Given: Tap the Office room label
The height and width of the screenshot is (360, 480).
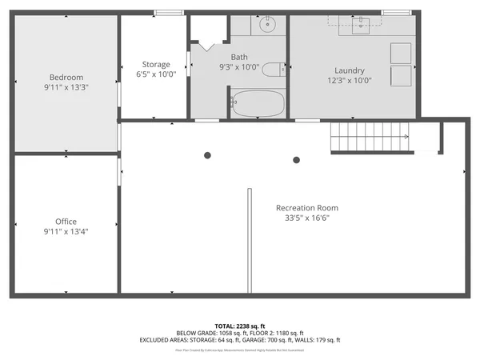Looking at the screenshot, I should pyautogui.click(x=66, y=222).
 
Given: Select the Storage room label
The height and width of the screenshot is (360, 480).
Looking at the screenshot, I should pyautogui.click(x=156, y=64).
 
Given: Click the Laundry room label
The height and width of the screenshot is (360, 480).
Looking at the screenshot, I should pyautogui.click(x=350, y=70).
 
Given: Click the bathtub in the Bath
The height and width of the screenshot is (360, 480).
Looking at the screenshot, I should pyautogui.click(x=258, y=104).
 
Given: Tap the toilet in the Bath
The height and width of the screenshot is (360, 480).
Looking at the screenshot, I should pyautogui.click(x=273, y=69).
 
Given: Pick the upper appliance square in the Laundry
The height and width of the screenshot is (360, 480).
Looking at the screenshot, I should pyautogui.click(x=400, y=53).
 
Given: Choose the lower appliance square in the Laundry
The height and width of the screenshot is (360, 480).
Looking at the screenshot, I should pyautogui.click(x=400, y=76).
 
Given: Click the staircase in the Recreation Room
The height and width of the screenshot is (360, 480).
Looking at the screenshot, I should pyautogui.click(x=370, y=137).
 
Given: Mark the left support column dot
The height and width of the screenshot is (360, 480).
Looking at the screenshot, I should pyautogui.click(x=208, y=155).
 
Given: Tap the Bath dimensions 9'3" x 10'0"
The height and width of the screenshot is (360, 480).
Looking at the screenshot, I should pyautogui.click(x=239, y=67).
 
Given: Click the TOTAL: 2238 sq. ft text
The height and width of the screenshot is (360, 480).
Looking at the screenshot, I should pyautogui.click(x=239, y=326).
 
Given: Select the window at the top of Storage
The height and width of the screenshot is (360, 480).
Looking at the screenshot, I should pyautogui.click(x=166, y=12).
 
